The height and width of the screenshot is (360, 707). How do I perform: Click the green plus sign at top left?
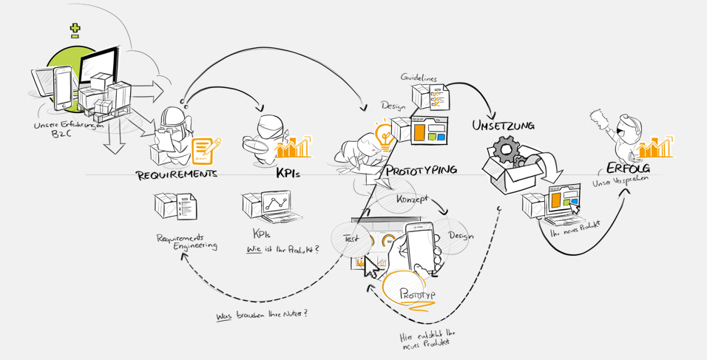click(75, 30)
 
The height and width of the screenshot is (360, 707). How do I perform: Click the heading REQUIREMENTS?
click(177, 175)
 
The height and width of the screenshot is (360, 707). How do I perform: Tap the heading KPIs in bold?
click(288, 175)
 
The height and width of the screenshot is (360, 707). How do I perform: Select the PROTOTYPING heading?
click(421, 170)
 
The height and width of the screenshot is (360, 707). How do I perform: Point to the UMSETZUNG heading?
click(503, 126)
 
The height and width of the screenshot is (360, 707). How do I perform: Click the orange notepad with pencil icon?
click(206, 150)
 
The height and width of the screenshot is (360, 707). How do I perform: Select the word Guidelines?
click(419, 77)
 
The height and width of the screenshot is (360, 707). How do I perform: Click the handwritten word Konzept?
click(413, 199)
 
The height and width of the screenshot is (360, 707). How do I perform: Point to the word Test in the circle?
click(351, 239)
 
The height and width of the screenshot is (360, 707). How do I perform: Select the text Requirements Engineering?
click(186, 242)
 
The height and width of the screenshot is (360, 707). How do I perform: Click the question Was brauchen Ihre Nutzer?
click(262, 315)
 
